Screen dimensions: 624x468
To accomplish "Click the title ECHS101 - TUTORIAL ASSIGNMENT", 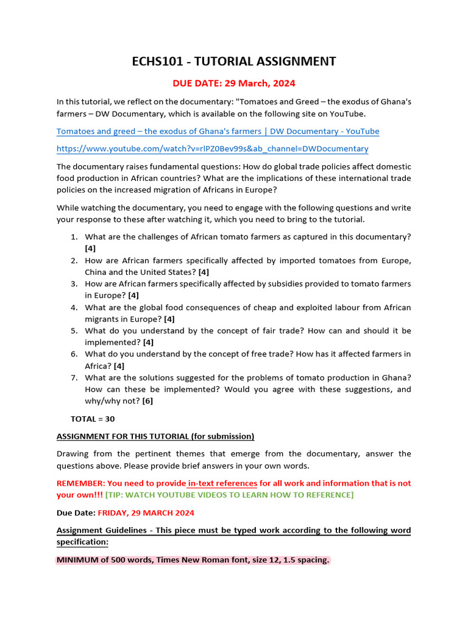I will [x=234, y=61].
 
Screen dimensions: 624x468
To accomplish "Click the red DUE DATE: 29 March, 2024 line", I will [x=234, y=83].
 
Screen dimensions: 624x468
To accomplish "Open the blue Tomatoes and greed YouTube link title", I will [x=218, y=131].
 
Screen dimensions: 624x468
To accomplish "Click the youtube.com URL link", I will [x=212, y=149].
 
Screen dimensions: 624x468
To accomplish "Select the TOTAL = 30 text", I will [x=93, y=419].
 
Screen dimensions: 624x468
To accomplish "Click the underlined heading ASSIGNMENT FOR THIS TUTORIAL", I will [x=155, y=436].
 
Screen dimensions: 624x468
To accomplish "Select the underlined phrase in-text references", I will [x=222, y=483].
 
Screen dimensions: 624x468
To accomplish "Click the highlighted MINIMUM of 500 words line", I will [x=193, y=560].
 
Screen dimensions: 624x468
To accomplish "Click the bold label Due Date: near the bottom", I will [x=76, y=512].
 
